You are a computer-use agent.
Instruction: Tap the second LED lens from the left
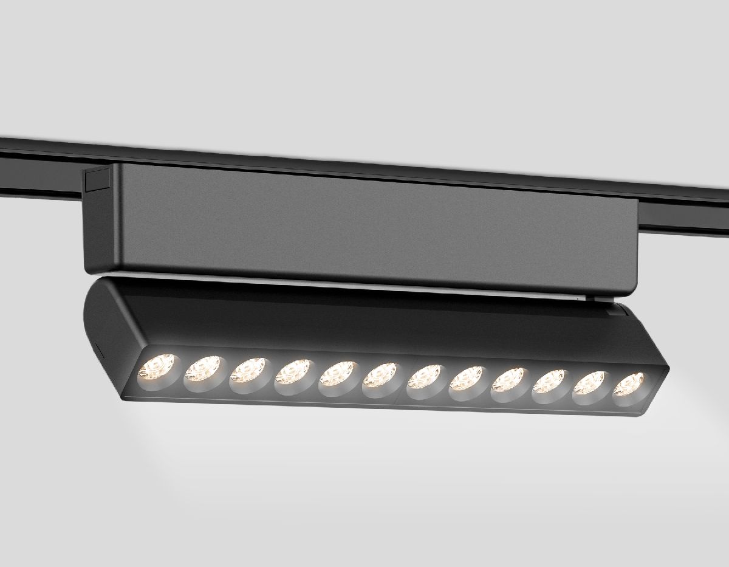[203, 371]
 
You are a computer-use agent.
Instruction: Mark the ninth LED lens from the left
[509, 381]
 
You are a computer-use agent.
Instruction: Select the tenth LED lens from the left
[550, 382]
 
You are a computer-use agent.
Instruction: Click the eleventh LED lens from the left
[590, 383]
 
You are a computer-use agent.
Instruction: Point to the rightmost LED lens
[629, 385]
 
